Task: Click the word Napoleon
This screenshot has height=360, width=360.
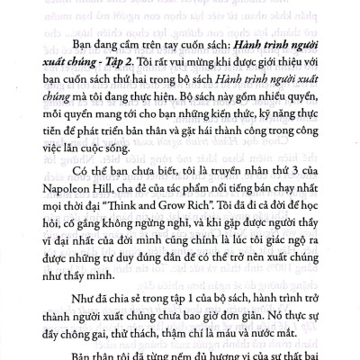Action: click(76, 220)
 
